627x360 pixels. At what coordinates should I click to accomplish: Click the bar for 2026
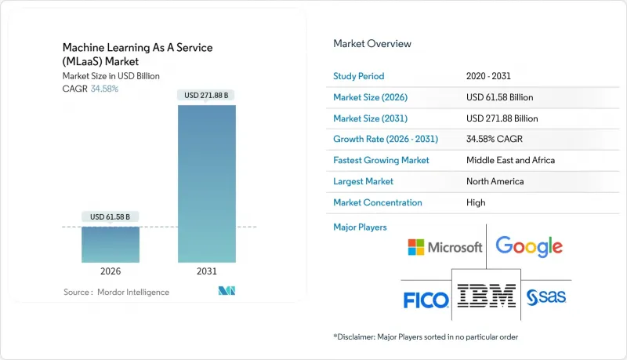click(111, 244)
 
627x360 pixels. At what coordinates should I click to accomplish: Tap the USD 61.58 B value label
click(111, 216)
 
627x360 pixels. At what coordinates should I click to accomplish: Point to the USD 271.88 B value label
click(206, 95)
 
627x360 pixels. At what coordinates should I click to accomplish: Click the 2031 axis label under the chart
click(206, 271)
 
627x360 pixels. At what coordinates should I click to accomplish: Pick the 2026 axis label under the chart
click(111, 271)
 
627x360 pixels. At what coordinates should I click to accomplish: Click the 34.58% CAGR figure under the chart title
click(105, 89)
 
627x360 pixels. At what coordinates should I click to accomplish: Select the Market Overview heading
click(371, 44)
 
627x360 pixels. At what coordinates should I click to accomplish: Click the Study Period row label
click(360, 76)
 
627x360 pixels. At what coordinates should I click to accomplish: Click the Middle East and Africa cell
click(509, 160)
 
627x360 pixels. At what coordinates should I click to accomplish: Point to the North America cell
click(495, 181)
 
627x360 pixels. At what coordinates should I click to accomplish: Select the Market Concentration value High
click(475, 202)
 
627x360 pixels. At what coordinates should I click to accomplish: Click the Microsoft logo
click(444, 247)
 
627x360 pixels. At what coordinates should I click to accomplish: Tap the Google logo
click(529, 246)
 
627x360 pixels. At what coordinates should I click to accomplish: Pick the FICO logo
click(426, 300)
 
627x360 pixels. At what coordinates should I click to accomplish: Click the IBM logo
click(487, 296)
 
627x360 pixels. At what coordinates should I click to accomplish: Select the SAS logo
click(546, 297)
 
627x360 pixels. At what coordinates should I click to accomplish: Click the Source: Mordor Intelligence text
click(116, 293)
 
